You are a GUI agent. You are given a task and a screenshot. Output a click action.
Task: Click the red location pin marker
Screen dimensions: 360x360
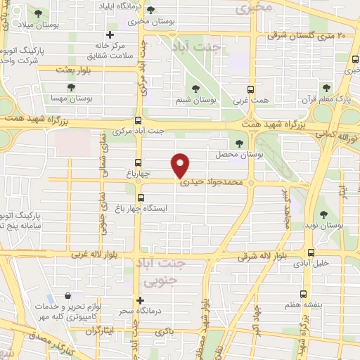point(181,165)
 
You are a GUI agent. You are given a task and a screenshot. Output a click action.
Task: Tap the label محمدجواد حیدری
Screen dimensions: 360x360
point(211,181)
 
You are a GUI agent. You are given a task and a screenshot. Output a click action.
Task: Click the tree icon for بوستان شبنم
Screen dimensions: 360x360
point(195,89)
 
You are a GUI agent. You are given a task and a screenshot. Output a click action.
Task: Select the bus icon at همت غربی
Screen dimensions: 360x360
point(250,89)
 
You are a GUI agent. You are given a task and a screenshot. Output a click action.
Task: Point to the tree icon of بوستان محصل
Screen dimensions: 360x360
point(240,143)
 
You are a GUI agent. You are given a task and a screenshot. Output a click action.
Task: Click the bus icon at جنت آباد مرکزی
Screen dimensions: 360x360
point(138,120)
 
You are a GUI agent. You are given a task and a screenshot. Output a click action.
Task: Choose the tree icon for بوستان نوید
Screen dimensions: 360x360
point(323,214)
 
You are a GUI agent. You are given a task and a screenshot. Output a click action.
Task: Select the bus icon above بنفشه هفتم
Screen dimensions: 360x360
point(303,295)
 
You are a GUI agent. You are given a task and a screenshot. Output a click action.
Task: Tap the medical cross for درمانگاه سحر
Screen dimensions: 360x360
point(142,300)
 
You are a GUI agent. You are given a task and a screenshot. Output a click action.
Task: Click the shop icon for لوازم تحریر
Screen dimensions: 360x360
point(67,297)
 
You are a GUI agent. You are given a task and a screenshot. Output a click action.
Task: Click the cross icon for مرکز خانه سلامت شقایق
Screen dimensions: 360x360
point(110,35)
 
